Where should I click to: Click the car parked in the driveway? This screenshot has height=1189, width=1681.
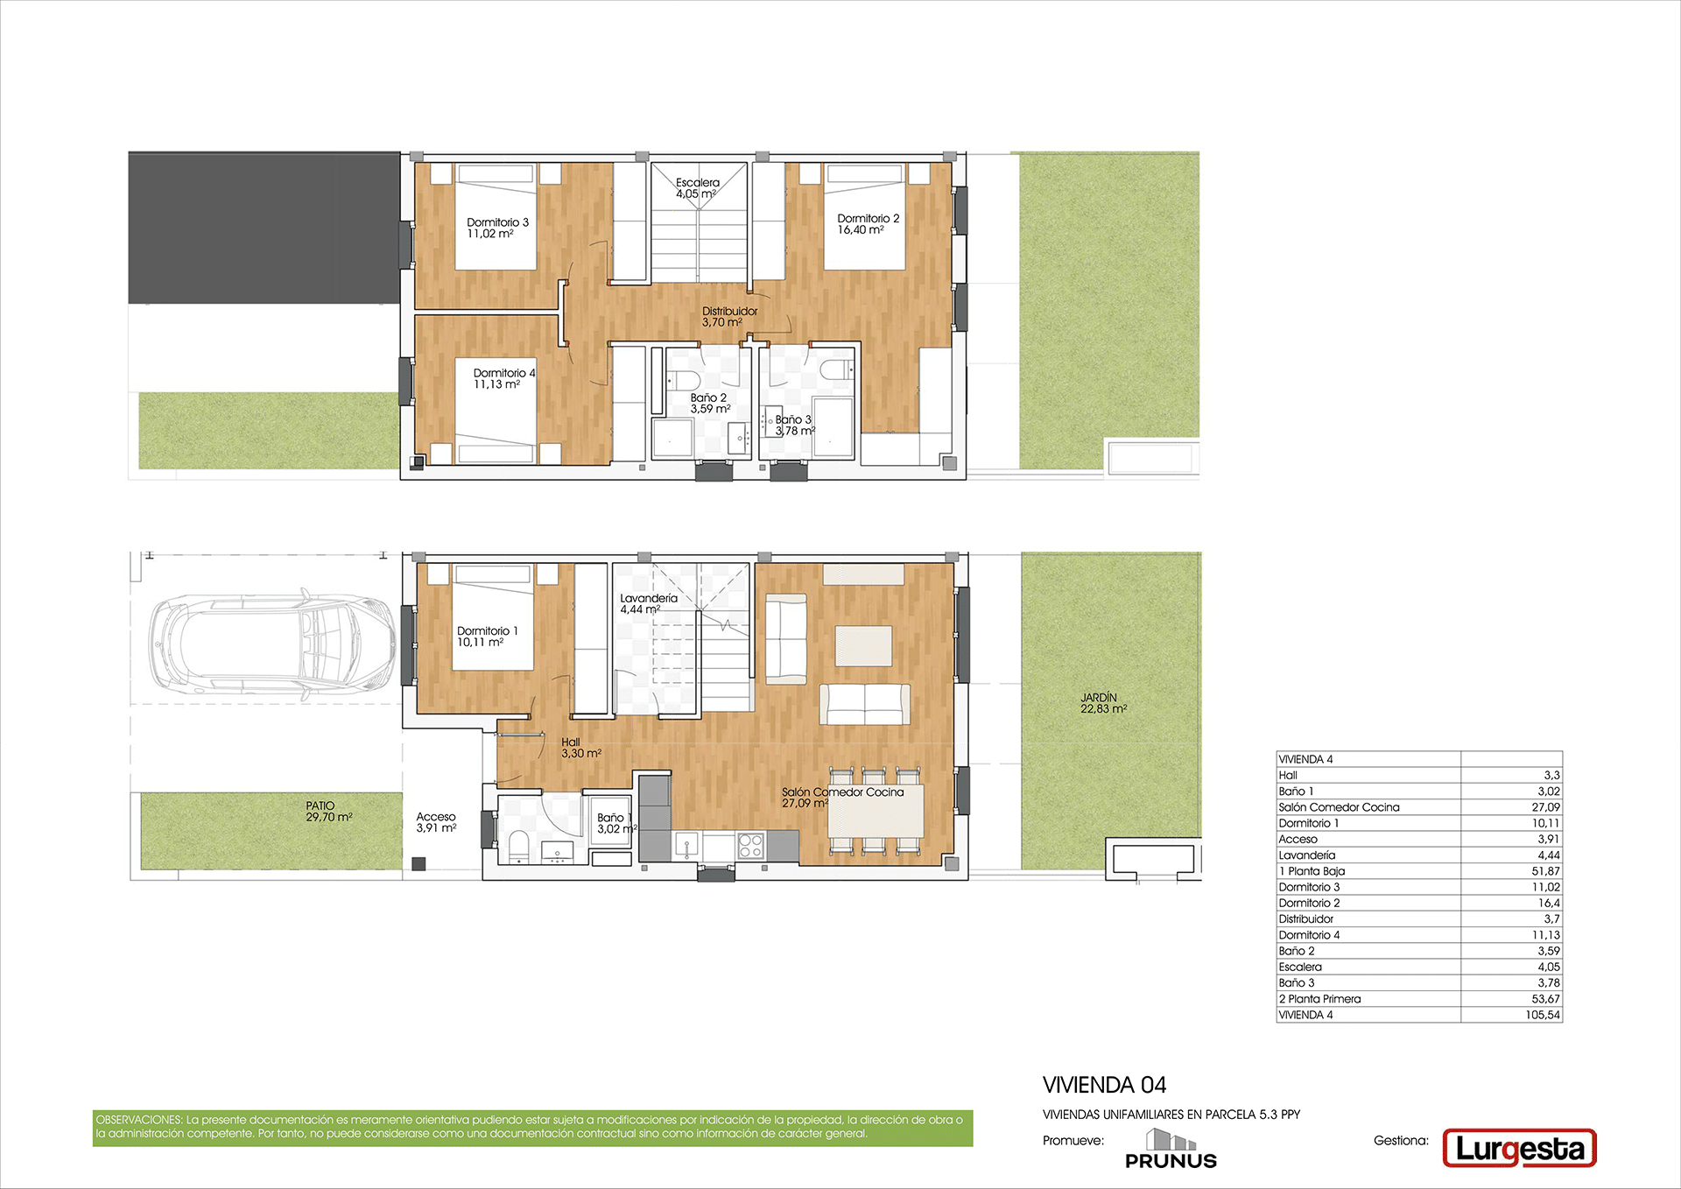pyautogui.click(x=271, y=647)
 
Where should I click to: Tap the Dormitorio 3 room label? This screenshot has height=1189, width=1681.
pyautogui.click(x=497, y=228)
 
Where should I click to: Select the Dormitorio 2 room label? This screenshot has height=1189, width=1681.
pyautogui.click(x=868, y=224)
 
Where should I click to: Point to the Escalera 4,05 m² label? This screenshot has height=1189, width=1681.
pyautogui.click(x=697, y=188)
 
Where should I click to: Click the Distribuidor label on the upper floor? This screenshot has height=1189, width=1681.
pyautogui.click(x=729, y=316)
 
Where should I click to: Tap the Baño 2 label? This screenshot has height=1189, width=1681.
pyautogui.click(x=710, y=403)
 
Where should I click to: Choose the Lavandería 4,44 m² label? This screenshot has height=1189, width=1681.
pyautogui.click(x=648, y=603)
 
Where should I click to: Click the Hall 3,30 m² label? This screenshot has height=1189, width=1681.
pyautogui.click(x=581, y=748)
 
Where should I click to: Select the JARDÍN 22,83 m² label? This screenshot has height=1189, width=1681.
pyautogui.click(x=1103, y=703)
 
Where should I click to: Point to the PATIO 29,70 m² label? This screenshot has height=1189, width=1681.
pyautogui.click(x=328, y=811)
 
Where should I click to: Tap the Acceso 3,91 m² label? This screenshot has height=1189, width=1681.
pyautogui.click(x=436, y=822)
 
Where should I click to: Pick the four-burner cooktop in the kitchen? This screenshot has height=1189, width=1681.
pyautogui.click(x=750, y=845)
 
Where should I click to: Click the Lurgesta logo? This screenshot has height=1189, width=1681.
pyautogui.click(x=1519, y=1149)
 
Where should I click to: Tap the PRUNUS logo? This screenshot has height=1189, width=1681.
pyautogui.click(x=1171, y=1150)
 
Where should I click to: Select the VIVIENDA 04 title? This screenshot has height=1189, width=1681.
pyautogui.click(x=1104, y=1086)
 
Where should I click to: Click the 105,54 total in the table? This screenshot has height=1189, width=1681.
pyautogui.click(x=1542, y=1015)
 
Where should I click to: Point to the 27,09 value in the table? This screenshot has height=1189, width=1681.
pyautogui.click(x=1545, y=807)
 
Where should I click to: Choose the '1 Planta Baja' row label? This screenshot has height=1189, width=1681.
pyautogui.click(x=1312, y=871)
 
